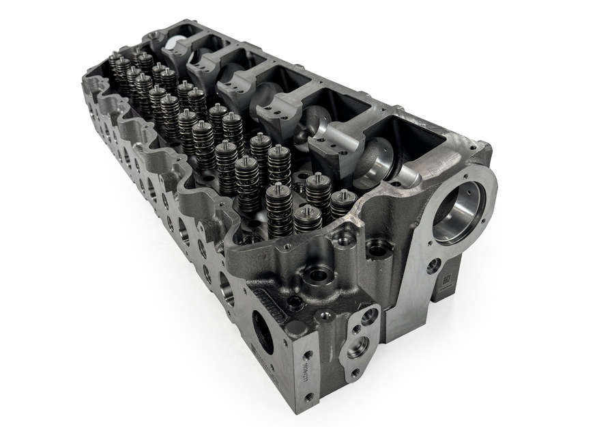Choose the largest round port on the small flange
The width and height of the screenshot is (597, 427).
pyautogui.click(x=358, y=346)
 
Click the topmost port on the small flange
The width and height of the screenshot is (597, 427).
pyautogui.click(x=368, y=316)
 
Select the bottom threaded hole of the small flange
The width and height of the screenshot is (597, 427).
pyautogui.click(x=354, y=373)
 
